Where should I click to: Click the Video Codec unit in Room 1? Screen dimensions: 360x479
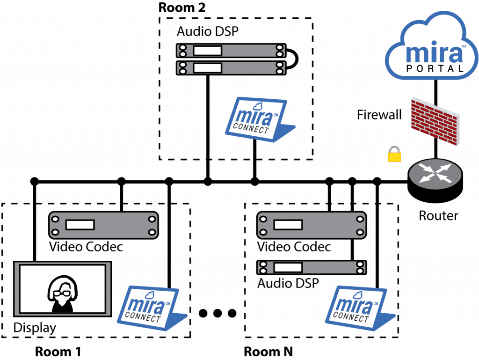point(103,225)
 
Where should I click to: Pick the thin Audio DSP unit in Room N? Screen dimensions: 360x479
point(312,267)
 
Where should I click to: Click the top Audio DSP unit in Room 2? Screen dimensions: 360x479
point(231,51)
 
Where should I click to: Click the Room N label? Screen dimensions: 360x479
point(269,352)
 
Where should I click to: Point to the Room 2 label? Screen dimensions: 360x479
point(182,7)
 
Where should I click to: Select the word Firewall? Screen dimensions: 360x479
point(379,114)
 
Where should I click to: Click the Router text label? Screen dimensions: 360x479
point(438,216)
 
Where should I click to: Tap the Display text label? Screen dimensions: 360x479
point(35,328)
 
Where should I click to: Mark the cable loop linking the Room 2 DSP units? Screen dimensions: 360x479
point(294,59)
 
